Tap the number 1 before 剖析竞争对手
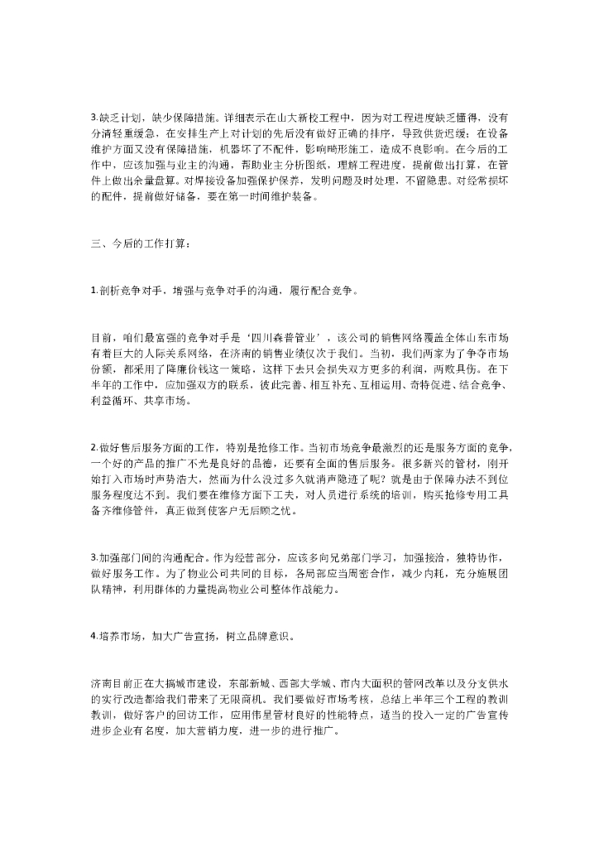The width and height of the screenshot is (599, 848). coord(93,291)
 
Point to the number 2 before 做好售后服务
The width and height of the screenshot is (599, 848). coord(93,447)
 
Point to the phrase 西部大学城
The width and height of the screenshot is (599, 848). coord(319,683)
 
